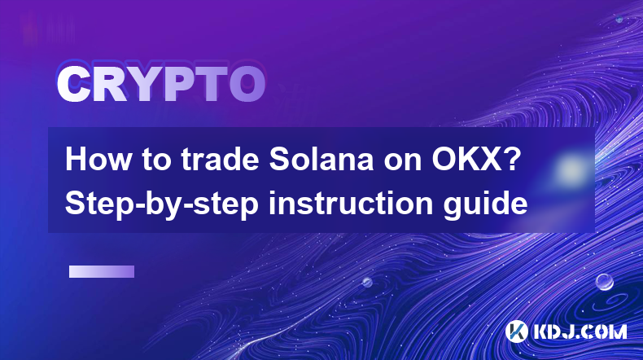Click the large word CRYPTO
(x=161, y=85)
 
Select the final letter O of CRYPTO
(x=247, y=85)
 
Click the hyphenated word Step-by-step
(x=162, y=204)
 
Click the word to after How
(x=155, y=160)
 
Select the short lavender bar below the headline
(x=102, y=272)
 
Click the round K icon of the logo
(x=517, y=331)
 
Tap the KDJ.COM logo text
(x=580, y=331)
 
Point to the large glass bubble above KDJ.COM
(x=605, y=282)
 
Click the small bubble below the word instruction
(x=367, y=282)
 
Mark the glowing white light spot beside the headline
(x=570, y=169)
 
